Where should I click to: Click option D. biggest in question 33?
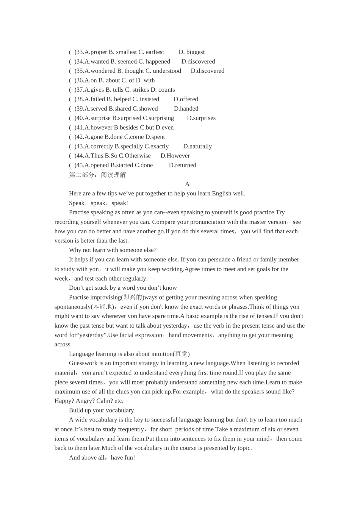pos(191,52)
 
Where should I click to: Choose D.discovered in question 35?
pos(207,71)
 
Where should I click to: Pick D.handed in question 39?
pos(186,109)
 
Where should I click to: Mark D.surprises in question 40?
pos(201,118)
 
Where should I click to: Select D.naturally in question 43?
pos(197,146)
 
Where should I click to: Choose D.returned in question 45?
pos(182,165)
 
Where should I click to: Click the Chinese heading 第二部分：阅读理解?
pos(97,175)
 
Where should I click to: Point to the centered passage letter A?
pos(187,184)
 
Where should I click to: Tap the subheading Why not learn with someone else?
pos(113,250)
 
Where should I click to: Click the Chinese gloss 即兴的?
pos(133,297)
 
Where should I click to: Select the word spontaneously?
pos(72,307)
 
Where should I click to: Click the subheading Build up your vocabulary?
pos(101,410)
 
